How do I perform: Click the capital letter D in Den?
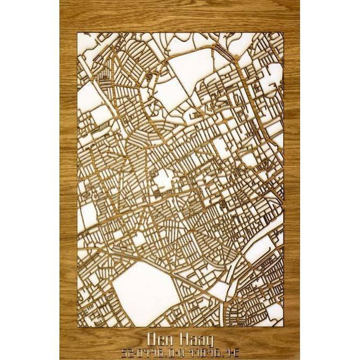pyautogui.click(x=151, y=337)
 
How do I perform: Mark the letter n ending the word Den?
pyautogui.click(x=167, y=338)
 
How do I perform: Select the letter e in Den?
pyautogui.click(x=159, y=338)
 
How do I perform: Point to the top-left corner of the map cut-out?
pyautogui.click(x=77, y=31)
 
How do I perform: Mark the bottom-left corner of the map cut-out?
pyautogui.click(x=77, y=327)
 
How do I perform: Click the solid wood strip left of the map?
pyautogui.click(x=67, y=180)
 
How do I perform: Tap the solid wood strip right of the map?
pyautogui.click(x=292, y=180)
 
